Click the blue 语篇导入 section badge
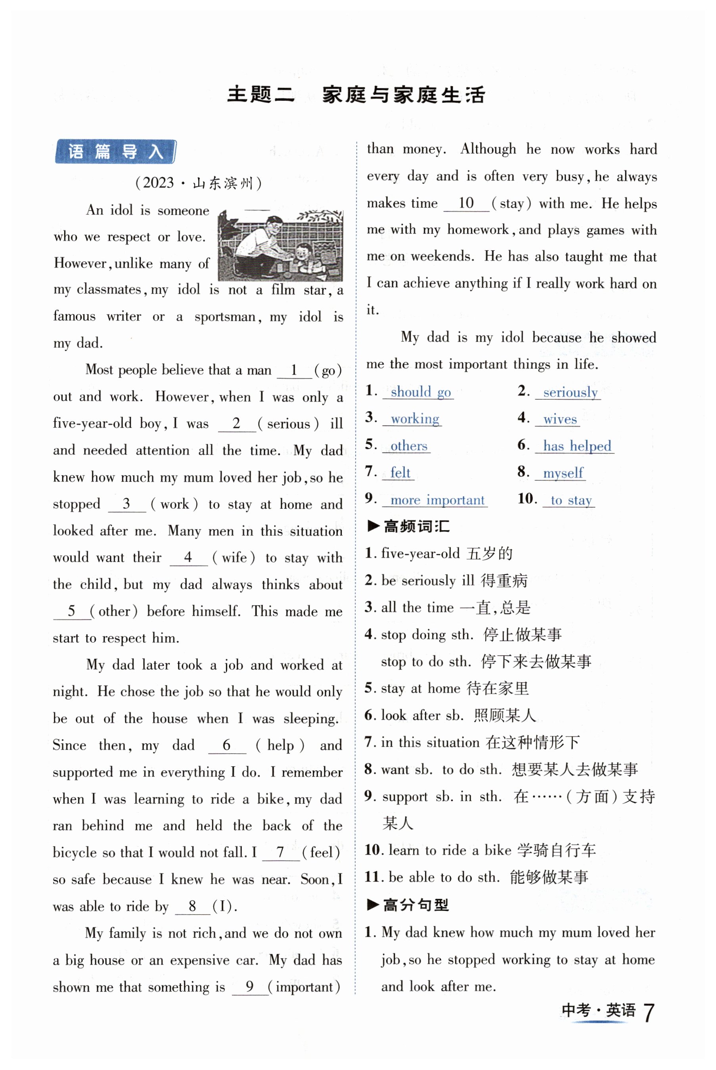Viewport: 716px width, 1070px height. (x=115, y=151)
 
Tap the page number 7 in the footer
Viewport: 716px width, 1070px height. (x=649, y=1012)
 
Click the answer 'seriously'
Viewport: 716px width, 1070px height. (x=570, y=392)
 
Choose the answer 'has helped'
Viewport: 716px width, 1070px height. (x=577, y=446)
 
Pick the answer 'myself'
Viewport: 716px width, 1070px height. (x=563, y=473)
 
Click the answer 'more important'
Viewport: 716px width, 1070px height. (x=437, y=500)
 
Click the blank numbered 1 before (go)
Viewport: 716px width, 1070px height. (x=294, y=370)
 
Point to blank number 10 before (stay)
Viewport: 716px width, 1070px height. (x=466, y=203)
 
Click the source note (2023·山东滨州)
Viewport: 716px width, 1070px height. (x=198, y=183)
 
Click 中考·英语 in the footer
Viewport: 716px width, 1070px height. (x=598, y=1010)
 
